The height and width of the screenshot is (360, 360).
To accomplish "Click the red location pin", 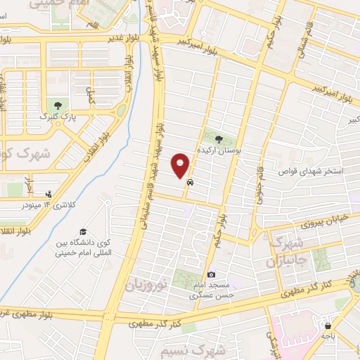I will (181, 165).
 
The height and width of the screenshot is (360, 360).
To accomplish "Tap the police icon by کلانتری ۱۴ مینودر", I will (49, 193).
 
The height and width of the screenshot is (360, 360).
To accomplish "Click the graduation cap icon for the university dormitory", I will (82, 232).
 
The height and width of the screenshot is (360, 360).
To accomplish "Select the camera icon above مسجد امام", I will (212, 274).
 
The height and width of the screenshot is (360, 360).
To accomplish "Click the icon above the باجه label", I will (328, 325).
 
